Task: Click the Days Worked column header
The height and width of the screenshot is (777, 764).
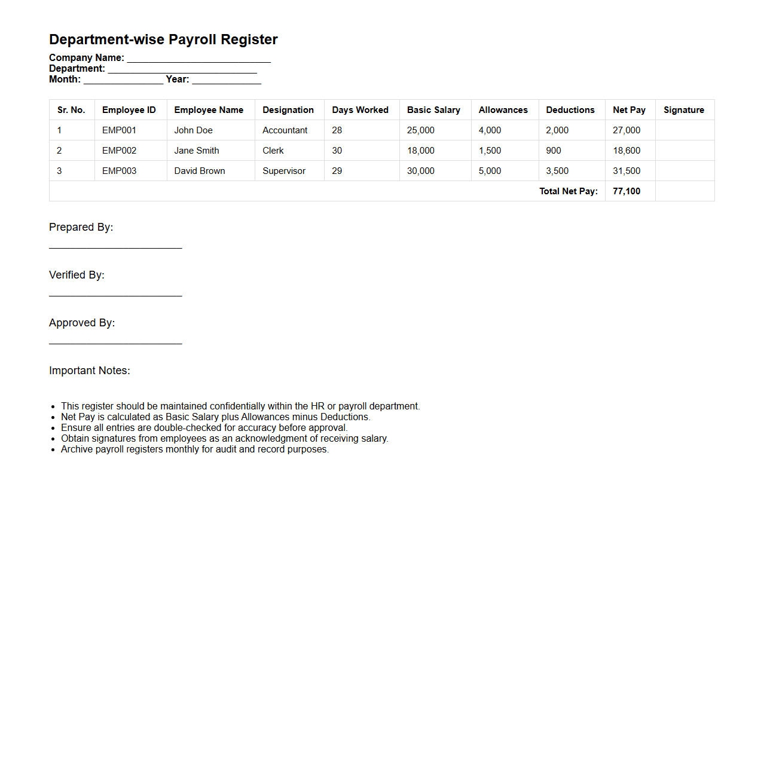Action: (x=360, y=110)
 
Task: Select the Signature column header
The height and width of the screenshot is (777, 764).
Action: (x=683, y=110)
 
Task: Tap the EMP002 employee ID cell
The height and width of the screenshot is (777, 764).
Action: (x=119, y=151)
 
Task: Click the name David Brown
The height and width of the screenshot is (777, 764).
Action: (x=200, y=171)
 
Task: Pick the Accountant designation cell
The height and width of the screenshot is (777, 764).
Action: (x=285, y=130)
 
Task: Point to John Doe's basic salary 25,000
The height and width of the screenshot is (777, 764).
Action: (x=421, y=130)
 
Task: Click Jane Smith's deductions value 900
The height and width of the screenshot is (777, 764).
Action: (x=554, y=151)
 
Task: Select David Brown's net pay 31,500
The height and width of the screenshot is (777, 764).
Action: (x=627, y=171)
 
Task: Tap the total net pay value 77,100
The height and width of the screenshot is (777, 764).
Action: (x=627, y=191)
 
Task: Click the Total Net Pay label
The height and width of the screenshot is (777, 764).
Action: (x=568, y=191)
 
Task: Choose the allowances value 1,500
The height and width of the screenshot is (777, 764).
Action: (x=490, y=151)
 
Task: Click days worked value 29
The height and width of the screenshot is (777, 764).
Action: (x=337, y=171)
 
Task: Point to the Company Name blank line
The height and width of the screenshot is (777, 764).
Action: (x=198, y=60)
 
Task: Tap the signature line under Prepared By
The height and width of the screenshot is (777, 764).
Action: (x=115, y=247)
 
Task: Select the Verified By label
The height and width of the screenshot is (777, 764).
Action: (x=77, y=275)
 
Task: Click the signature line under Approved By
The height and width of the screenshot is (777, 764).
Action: (x=115, y=342)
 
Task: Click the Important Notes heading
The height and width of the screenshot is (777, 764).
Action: (x=90, y=371)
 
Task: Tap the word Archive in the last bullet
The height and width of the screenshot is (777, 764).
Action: (x=77, y=449)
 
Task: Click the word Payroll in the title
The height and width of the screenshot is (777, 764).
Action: (x=192, y=39)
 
